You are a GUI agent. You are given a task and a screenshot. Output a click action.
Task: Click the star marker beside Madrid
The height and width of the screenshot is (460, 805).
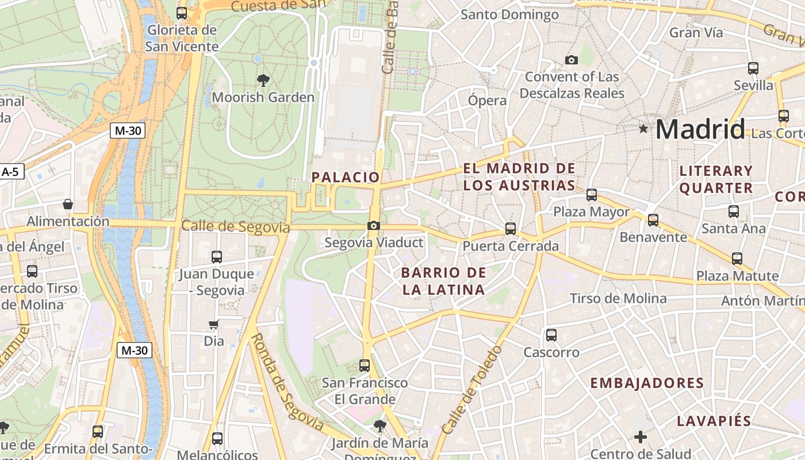point(643,129)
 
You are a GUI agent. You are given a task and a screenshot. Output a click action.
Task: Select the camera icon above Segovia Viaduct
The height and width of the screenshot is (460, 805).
point(374,225)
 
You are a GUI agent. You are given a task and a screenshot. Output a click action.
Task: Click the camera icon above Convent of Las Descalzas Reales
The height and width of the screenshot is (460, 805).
point(571,60)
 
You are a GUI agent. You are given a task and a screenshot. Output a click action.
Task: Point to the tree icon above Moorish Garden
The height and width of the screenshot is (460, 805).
point(263,80)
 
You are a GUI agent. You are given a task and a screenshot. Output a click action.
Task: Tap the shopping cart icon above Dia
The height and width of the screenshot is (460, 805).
point(214,324)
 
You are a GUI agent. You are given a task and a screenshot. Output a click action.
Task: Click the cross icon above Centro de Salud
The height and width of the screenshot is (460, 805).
point(640,437)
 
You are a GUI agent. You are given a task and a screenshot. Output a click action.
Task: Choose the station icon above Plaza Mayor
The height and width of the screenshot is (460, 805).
point(591,194)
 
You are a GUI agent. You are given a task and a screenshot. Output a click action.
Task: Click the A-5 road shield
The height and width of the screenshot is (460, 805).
point(11,171)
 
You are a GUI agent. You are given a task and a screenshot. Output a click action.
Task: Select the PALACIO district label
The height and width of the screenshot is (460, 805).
point(346,177)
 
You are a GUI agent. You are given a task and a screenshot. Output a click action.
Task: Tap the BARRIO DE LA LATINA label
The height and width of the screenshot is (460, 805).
point(443,281)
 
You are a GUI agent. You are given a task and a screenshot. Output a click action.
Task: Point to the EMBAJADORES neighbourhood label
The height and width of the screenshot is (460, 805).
point(647,383)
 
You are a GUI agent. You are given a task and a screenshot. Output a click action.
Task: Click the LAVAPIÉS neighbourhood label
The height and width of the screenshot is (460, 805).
point(714,421)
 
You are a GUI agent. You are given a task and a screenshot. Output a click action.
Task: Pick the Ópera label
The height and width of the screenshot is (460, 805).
point(487,101)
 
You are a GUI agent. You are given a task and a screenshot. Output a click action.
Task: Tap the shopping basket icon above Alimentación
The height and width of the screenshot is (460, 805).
point(68,204)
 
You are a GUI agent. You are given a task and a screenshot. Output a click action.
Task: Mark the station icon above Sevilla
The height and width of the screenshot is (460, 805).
point(753,68)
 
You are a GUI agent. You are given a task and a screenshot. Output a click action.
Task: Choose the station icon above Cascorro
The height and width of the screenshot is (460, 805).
point(551,335)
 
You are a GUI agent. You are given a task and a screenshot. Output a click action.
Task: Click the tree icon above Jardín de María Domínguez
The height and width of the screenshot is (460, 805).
point(379,425)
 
